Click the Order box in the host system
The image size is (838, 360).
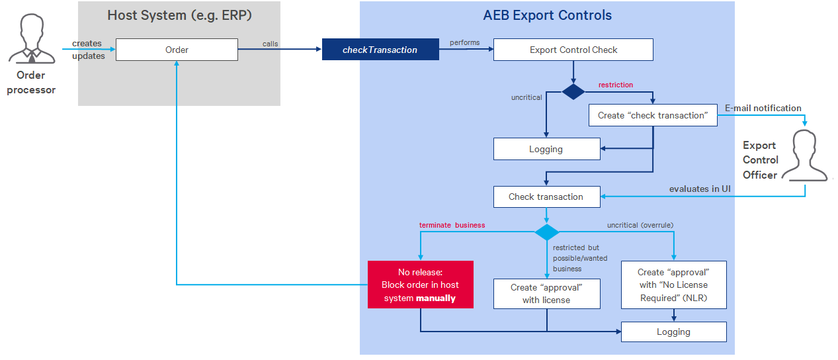pos(177,50)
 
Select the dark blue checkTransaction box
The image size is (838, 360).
pos(380,50)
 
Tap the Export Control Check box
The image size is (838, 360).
pos(573,50)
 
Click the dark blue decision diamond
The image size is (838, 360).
pos(573,92)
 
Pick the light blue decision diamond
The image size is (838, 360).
pos(546,232)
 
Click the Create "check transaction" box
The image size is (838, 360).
pos(653,115)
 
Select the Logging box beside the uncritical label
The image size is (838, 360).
pos(546,149)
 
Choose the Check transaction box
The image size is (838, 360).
pos(546,197)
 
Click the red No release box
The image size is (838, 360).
pos(420,285)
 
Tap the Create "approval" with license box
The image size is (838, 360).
pos(546,294)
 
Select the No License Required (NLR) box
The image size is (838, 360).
pos(673,285)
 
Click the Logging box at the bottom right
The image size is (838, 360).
pos(673,332)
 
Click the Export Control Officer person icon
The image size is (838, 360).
pos(804,155)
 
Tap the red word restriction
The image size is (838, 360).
pos(615,85)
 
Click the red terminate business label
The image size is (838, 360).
pos(452,225)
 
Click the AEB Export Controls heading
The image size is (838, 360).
pos(547,15)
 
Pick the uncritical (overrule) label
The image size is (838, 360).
pos(640,225)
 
